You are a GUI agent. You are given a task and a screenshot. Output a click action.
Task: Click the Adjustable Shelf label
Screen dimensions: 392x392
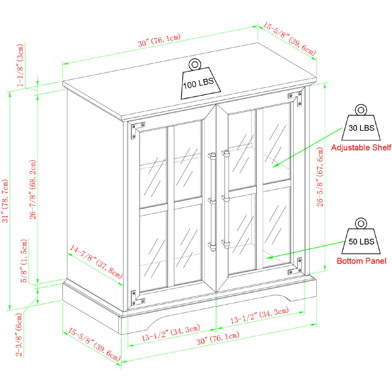tap(361, 148)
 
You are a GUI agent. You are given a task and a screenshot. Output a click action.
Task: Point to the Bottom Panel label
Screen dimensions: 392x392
tap(361, 261)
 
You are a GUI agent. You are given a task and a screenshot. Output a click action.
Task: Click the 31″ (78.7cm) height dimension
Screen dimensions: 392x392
tap(5, 201)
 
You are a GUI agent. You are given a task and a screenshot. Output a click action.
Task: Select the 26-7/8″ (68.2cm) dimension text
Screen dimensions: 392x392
tap(33, 189)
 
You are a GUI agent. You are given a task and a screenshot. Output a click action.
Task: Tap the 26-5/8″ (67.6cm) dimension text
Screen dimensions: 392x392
tap(320, 177)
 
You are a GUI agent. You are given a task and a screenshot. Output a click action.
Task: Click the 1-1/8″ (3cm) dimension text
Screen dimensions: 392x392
tap(20, 65)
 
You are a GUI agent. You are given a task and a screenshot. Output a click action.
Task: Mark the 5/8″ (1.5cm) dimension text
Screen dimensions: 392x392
tap(24, 261)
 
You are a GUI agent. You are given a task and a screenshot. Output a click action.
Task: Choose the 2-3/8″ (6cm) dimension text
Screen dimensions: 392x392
tap(19, 335)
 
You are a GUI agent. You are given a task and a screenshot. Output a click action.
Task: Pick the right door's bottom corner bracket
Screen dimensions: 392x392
tap(296, 267)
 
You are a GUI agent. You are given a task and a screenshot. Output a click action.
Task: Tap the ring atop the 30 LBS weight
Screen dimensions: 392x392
tap(361, 110)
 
